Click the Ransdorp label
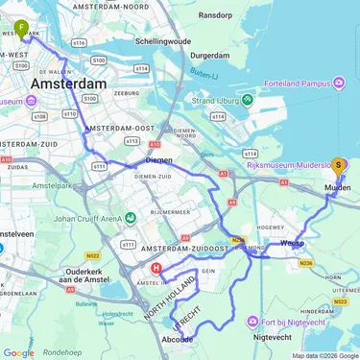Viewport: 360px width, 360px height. point(216,16)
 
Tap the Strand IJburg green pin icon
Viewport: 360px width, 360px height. point(247,99)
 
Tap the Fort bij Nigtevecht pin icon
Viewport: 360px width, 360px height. point(252,322)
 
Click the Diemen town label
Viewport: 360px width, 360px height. point(158,160)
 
